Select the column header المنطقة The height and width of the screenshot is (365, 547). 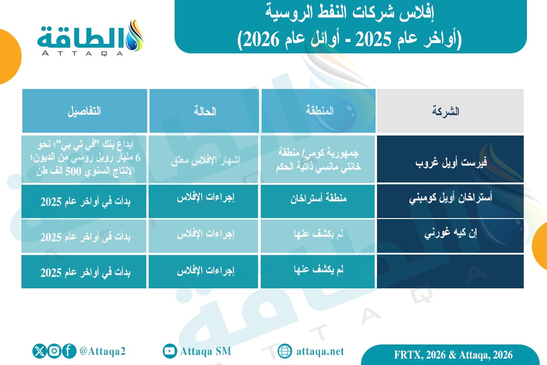pos(318,111)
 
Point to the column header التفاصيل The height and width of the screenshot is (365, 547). pos(85,111)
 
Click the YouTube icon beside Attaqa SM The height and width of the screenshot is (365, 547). pos(170,351)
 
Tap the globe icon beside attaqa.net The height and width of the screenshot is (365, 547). pos(284,351)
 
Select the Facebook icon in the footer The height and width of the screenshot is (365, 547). pos(69,351)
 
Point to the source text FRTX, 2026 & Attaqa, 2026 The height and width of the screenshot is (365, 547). pos(453,355)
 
